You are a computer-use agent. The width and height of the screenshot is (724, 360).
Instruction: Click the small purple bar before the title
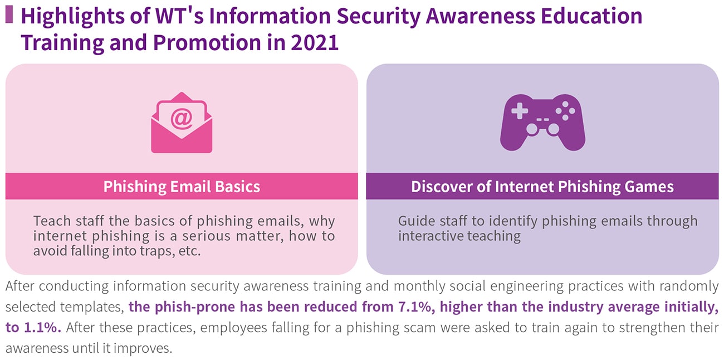(9, 14)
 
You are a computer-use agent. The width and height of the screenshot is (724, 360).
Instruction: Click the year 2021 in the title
(315, 42)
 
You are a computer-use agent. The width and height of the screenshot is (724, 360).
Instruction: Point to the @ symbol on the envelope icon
(182, 119)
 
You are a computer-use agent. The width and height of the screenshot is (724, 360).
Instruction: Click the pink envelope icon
(182, 123)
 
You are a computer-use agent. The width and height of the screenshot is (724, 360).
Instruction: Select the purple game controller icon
(542, 122)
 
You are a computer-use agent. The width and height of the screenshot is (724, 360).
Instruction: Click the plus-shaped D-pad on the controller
(520, 111)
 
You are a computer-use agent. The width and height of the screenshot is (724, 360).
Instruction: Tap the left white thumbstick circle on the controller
(532, 129)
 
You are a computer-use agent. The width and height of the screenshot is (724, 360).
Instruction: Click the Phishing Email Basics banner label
(182, 187)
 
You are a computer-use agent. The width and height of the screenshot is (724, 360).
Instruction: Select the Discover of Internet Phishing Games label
(542, 187)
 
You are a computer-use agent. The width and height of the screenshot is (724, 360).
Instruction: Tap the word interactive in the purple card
(431, 236)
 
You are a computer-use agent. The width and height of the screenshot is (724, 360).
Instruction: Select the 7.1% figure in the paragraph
(415, 307)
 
